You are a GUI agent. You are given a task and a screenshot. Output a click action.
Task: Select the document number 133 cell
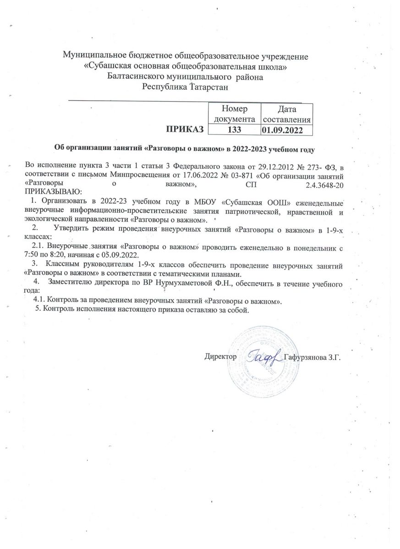(234, 129)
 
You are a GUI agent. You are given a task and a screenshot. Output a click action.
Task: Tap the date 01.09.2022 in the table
(286, 130)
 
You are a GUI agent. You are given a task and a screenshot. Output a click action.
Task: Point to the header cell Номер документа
(234, 114)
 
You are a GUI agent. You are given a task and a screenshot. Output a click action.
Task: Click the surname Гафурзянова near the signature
(304, 357)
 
